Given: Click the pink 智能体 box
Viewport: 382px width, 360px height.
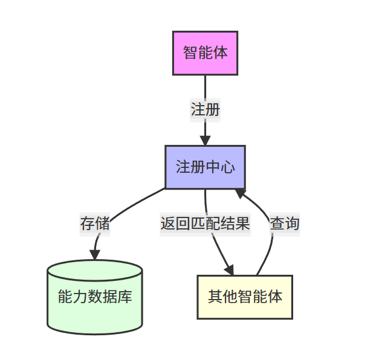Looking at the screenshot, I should pyautogui.click(x=205, y=53).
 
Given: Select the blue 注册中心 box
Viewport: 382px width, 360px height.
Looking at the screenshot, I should pyautogui.click(x=205, y=167).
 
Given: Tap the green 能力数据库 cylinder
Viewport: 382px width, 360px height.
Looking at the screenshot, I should pyautogui.click(x=95, y=297).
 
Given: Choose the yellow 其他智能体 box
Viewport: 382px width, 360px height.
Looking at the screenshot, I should pyautogui.click(x=245, y=297).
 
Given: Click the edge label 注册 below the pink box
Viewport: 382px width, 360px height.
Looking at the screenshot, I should pyautogui.click(x=205, y=110).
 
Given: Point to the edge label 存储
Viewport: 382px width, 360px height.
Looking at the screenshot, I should pyautogui.click(x=95, y=223).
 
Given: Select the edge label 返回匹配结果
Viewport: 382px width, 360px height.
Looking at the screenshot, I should pyautogui.click(x=205, y=223).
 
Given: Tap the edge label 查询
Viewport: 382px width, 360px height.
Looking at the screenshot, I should pyautogui.click(x=284, y=223).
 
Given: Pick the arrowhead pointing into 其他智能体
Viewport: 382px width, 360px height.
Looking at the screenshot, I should pyautogui.click(x=229, y=269).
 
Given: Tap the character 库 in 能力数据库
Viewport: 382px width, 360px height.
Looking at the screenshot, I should pyautogui.click(x=125, y=297).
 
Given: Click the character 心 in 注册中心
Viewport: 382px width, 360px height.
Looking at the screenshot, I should pyautogui.click(x=227, y=167).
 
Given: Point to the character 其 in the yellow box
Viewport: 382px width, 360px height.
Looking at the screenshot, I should pyautogui.click(x=215, y=297).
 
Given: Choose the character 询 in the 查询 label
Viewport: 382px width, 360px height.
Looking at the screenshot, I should pyautogui.click(x=291, y=223).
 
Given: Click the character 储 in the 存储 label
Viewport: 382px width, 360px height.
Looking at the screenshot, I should pyautogui.click(x=102, y=223).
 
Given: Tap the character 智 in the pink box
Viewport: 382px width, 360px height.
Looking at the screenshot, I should pyautogui.click(x=190, y=53).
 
